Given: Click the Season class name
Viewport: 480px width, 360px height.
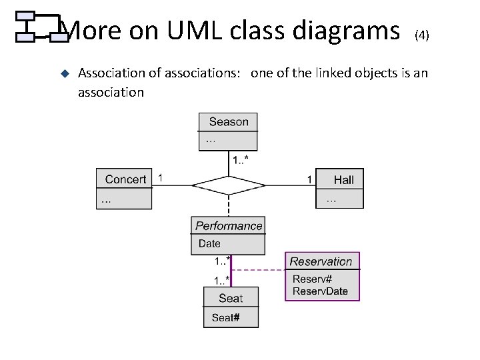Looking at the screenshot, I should (228, 122).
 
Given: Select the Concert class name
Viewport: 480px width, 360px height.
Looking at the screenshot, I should (125, 179).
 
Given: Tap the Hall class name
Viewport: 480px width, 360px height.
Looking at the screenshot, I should (344, 179).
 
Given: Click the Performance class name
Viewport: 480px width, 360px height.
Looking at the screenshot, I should (229, 226).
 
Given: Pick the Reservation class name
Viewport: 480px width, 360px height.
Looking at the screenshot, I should (321, 261).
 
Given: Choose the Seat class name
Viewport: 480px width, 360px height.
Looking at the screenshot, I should (231, 298).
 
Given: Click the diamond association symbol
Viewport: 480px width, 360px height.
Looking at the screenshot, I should (229, 185).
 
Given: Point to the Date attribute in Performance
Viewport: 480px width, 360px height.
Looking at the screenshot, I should (209, 244).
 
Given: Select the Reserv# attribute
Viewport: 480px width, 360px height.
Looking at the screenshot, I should (312, 279).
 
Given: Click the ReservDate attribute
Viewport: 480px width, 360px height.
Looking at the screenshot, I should (320, 291).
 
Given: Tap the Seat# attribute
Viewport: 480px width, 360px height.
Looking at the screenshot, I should (225, 318).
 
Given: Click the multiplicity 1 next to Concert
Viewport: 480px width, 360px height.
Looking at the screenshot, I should (160, 178).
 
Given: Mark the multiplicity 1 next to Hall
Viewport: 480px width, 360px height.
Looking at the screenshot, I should (309, 179).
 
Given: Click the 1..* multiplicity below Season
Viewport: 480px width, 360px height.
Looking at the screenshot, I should (241, 159).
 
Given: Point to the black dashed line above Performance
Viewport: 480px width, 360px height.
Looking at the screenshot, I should (229, 205).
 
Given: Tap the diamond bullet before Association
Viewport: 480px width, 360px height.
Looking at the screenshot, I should (65, 73).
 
